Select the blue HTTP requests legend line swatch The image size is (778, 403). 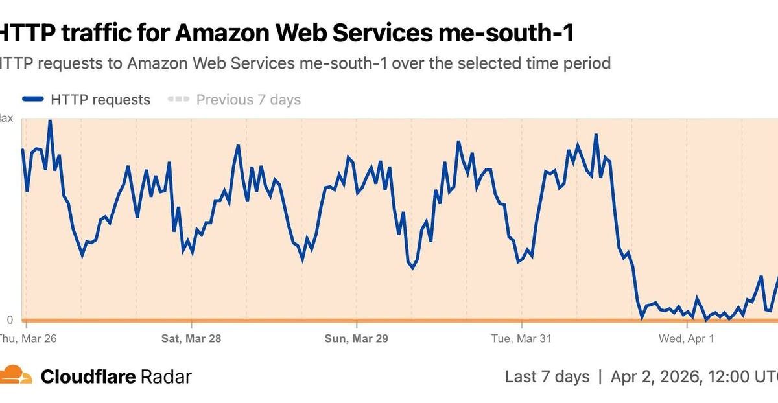pyautogui.click(x=33, y=100)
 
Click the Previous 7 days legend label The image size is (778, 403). pyautogui.click(x=248, y=100)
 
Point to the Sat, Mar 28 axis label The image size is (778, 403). pyautogui.click(x=191, y=338)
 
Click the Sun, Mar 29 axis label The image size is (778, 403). pyautogui.click(x=356, y=338)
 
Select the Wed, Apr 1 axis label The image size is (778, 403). pyautogui.click(x=687, y=338)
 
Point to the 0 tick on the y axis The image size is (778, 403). pyautogui.click(x=9, y=320)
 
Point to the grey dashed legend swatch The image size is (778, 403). pyautogui.click(x=178, y=100)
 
